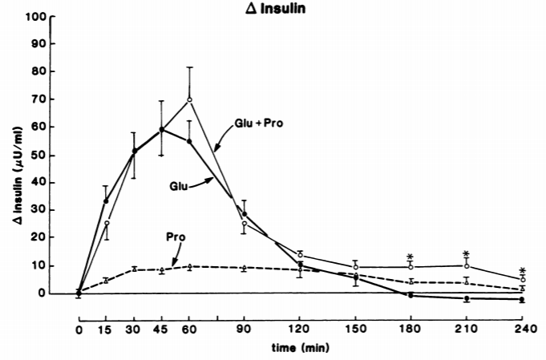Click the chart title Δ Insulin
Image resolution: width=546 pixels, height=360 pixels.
[275, 8]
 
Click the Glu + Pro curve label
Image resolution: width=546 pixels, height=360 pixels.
[259, 123]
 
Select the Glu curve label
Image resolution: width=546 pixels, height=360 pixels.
[179, 186]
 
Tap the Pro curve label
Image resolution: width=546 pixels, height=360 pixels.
[176, 237]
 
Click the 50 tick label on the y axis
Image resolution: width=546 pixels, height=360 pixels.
[39, 156]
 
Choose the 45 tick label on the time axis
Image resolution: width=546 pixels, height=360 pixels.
[161, 329]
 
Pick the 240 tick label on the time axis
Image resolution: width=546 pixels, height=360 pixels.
[522, 329]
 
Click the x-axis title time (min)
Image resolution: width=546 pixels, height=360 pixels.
[300, 347]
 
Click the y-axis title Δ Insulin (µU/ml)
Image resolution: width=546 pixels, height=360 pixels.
[18, 176]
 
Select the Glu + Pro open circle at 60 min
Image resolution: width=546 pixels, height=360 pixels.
[189, 100]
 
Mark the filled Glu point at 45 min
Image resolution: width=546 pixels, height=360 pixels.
[162, 130]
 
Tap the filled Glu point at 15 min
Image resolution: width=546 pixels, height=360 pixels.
[106, 201]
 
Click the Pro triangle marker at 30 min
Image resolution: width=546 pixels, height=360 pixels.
[134, 269]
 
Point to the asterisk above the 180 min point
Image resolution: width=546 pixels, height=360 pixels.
[410, 257]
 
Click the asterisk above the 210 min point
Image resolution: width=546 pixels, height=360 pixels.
[466, 254]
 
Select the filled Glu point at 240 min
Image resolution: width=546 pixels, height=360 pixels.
[522, 299]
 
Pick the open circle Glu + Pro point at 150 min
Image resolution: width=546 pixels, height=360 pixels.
[355, 267]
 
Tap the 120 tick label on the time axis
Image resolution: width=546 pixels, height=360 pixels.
[300, 329]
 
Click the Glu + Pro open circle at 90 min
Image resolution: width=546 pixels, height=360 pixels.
[245, 223]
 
